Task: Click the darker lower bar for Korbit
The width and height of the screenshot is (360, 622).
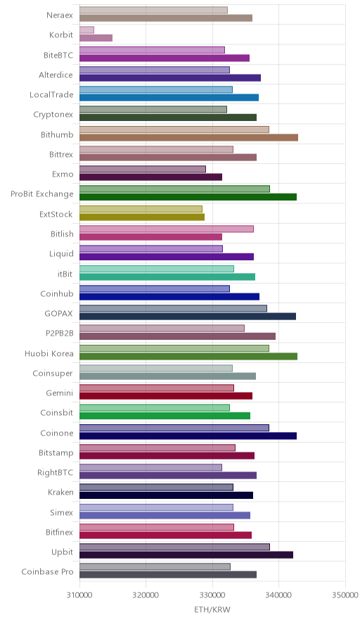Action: point(96,38)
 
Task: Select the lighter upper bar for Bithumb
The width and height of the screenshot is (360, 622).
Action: point(174,129)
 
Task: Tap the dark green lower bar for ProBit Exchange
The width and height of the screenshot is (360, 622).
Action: point(188,197)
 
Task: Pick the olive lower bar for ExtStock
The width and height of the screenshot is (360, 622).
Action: point(142,217)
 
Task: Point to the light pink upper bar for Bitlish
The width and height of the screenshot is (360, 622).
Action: point(167,229)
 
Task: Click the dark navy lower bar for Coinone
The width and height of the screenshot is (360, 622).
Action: point(188,436)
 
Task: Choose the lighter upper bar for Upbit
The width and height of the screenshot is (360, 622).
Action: point(175,547)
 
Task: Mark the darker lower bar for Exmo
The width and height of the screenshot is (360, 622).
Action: point(150,177)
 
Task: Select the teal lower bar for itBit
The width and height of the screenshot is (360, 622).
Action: point(167,277)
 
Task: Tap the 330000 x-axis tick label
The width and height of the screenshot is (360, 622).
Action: point(212,595)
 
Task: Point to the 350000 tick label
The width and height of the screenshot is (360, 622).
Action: point(345,595)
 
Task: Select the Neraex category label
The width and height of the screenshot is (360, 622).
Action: point(60,15)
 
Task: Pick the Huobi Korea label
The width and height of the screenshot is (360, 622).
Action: point(49,353)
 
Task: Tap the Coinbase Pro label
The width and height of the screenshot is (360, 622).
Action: point(48,571)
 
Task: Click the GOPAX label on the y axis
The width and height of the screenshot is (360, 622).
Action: point(59,313)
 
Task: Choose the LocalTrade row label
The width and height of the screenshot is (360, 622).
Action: point(51,95)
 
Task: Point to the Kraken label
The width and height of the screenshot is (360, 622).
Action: point(60,493)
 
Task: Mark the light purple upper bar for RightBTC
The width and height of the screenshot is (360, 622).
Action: point(150,467)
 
